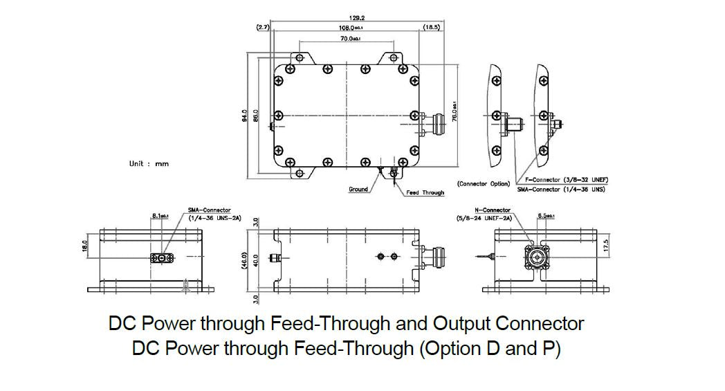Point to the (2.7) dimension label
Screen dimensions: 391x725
click(262, 27)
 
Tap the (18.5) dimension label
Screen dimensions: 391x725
click(430, 27)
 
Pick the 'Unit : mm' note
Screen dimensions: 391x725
click(149, 164)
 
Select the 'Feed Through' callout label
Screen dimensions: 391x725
click(425, 192)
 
